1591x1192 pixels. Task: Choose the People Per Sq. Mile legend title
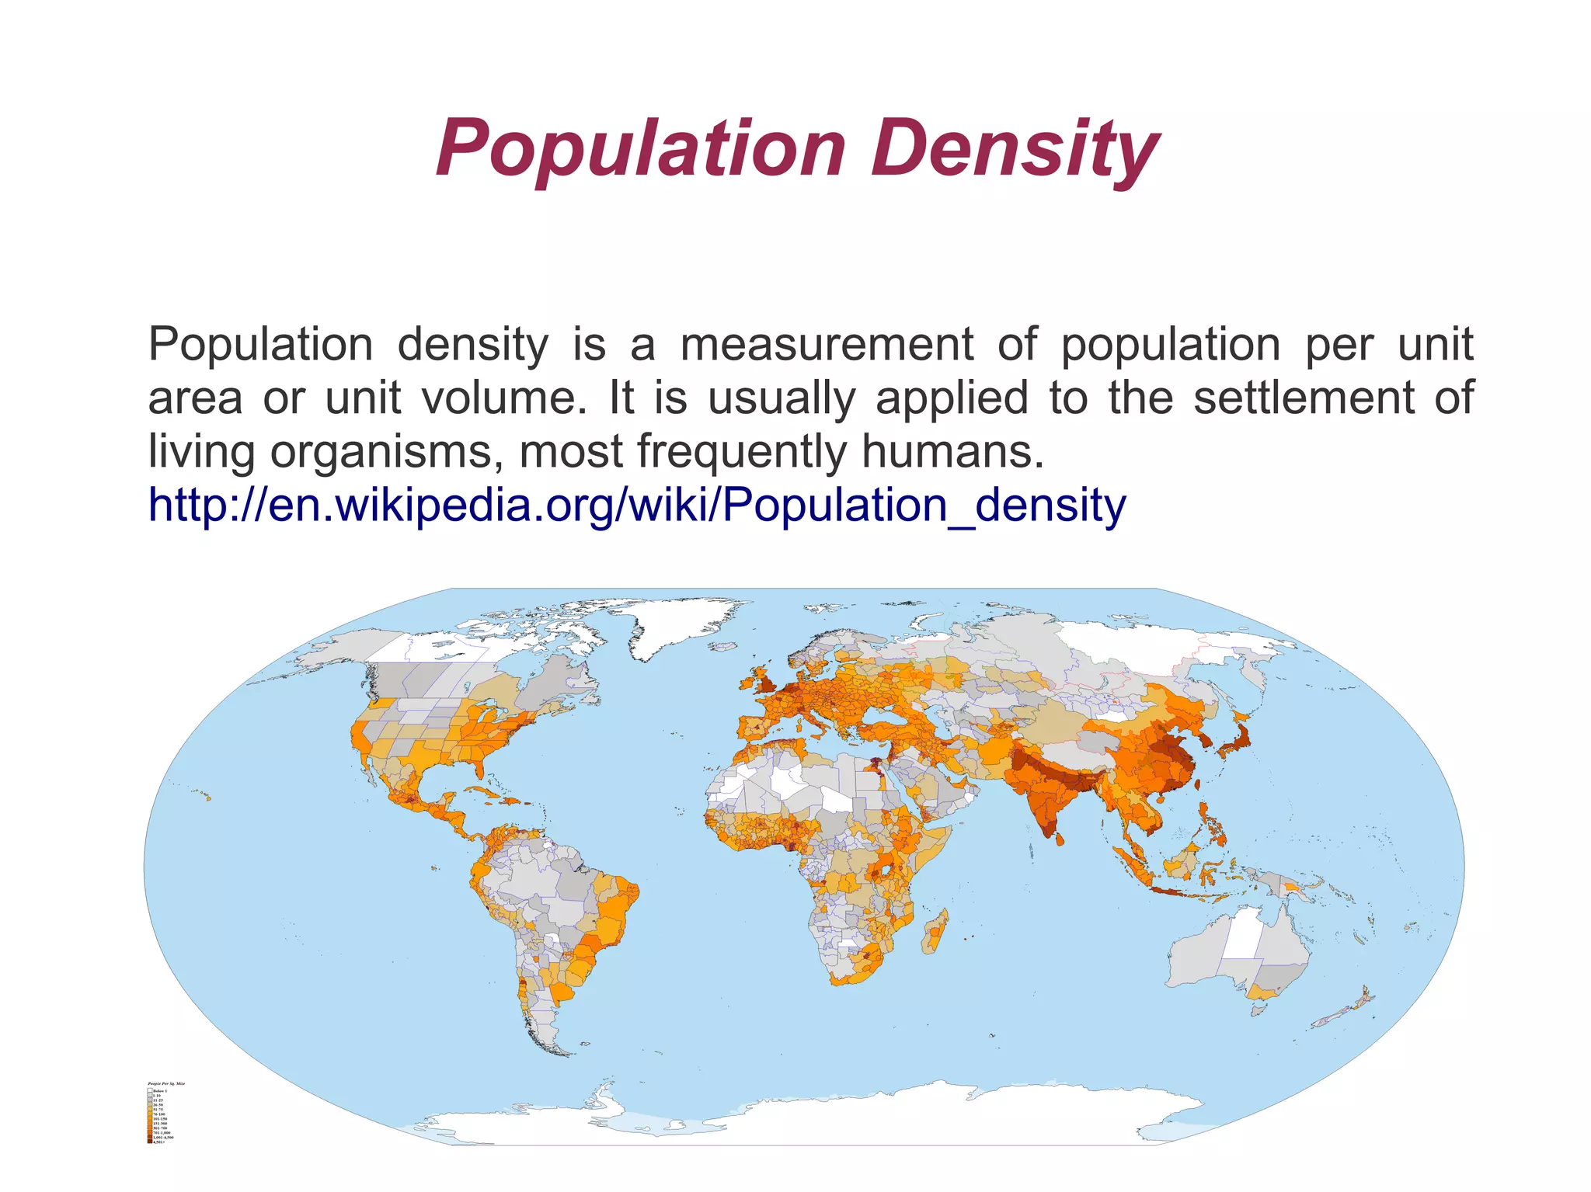click(166, 1083)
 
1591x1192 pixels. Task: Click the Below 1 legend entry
click(158, 1091)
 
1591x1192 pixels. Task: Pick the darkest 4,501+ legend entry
click(158, 1142)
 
